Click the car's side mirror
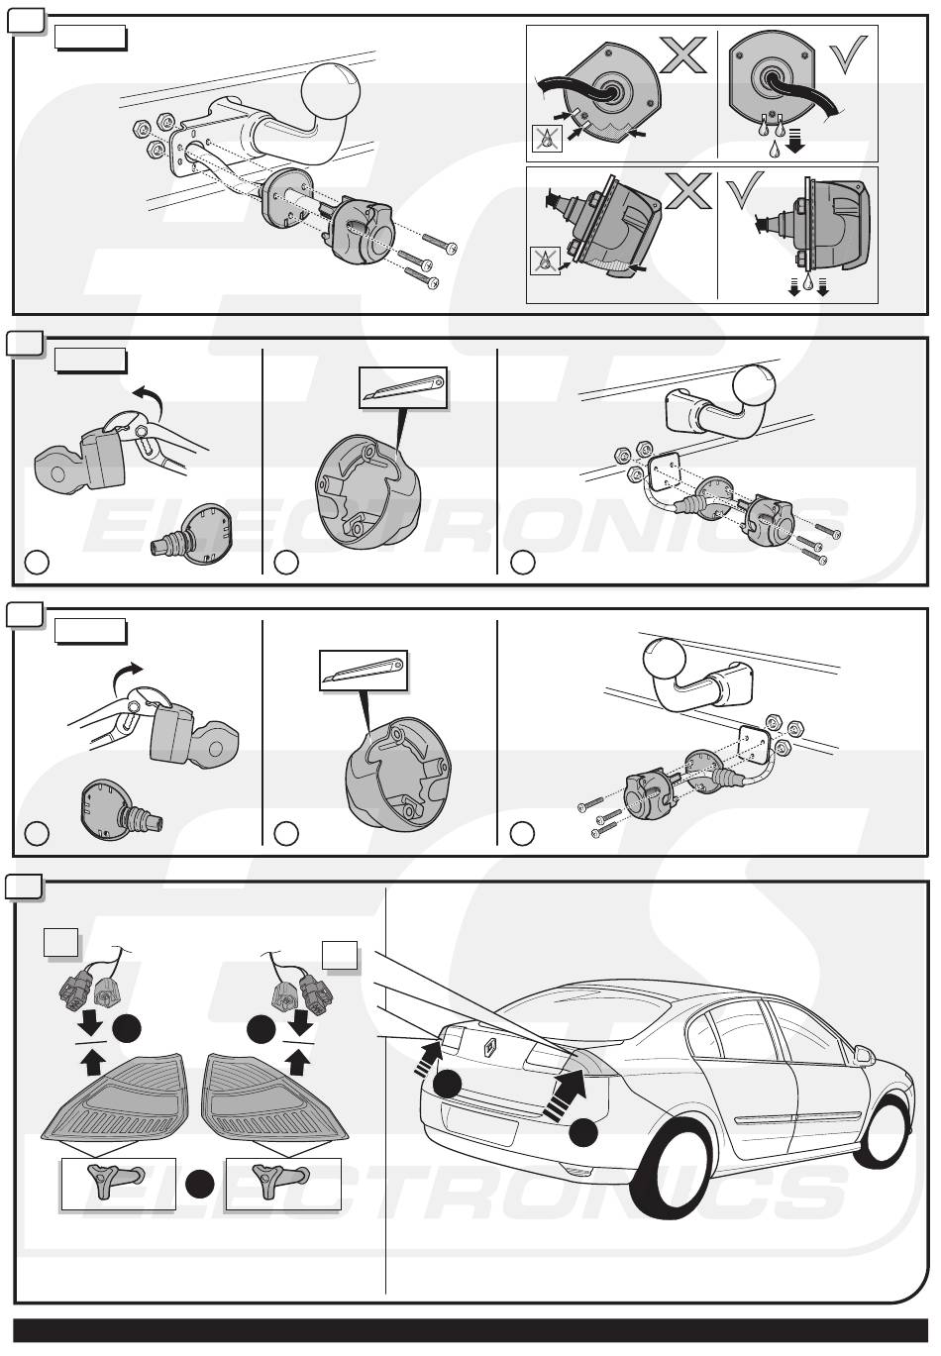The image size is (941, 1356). click(864, 1055)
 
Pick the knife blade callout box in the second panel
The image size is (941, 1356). click(403, 387)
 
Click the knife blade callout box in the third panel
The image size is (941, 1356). click(364, 671)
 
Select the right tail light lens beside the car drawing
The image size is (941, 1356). click(274, 1097)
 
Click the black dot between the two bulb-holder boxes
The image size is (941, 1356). click(200, 1183)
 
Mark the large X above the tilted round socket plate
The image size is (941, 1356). click(683, 54)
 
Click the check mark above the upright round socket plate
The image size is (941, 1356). click(848, 53)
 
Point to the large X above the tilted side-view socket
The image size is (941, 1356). click(687, 190)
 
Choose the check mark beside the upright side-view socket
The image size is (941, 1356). click(745, 191)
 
